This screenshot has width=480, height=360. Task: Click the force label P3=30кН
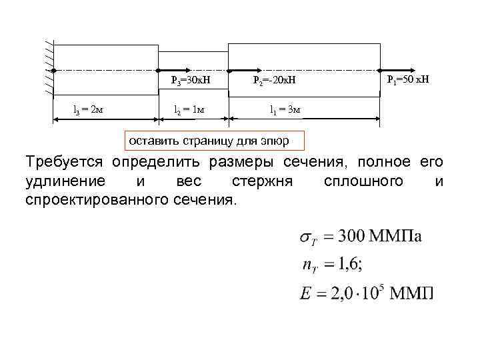pyautogui.click(x=191, y=81)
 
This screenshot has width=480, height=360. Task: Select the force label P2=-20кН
pyautogui.click(x=273, y=81)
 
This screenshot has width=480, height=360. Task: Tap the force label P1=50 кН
pyautogui.click(x=408, y=80)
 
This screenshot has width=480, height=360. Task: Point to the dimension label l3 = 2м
pyautogui.click(x=87, y=109)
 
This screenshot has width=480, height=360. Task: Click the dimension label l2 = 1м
pyautogui.click(x=189, y=109)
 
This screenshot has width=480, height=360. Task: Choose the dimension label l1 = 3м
pyautogui.click(x=285, y=109)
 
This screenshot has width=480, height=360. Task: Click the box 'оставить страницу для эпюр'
pyautogui.click(x=215, y=140)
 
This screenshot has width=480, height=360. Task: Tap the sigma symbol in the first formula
pyautogui.click(x=302, y=238)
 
